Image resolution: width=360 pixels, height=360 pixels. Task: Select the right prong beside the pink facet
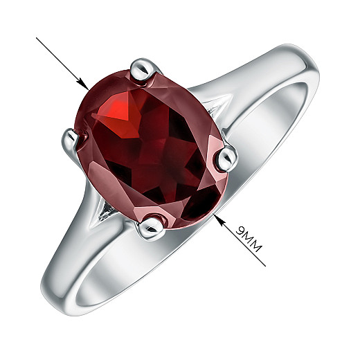[227, 159]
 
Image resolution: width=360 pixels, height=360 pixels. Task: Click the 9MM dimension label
[249, 240]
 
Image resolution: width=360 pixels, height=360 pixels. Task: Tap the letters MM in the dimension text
[253, 243]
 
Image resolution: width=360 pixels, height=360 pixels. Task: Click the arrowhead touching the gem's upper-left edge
[83, 84]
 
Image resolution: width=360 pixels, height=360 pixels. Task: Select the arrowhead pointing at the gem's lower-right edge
[219, 219]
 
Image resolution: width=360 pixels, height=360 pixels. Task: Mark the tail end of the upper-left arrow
[37, 37]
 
